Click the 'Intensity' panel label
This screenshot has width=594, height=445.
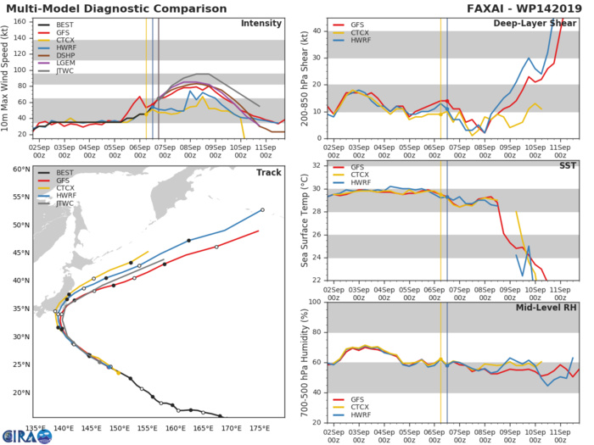[261, 24]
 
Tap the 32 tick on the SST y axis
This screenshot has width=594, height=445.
[315, 165]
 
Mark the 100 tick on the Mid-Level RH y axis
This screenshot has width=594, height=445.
[312, 302]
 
